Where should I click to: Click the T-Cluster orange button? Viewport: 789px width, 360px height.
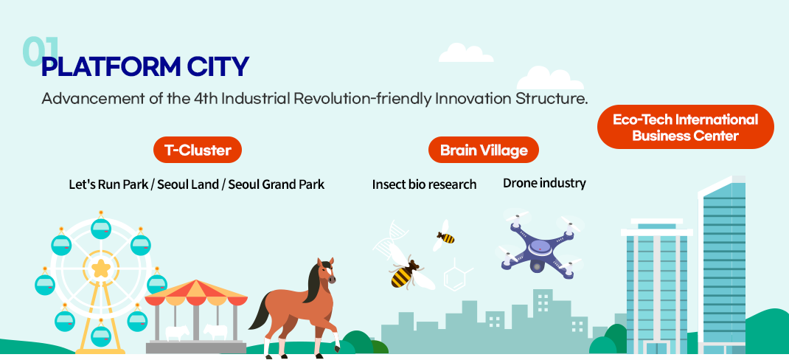pos(198,150)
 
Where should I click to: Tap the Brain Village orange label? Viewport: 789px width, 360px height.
pos(484,150)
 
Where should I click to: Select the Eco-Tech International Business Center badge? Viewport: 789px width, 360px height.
pos(685,127)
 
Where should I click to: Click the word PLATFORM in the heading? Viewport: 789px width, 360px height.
pos(110,66)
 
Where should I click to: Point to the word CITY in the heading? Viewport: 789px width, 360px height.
pos(218,66)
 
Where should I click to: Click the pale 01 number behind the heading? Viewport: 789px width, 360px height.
pos(41,52)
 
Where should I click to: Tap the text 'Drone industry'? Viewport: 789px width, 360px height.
pos(544,183)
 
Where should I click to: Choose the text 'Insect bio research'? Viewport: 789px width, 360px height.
pos(424,184)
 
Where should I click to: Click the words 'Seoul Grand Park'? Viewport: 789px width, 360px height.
pos(277,184)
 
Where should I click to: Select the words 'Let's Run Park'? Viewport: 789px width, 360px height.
pos(108,184)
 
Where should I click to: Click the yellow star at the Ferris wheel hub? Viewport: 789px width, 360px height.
pos(100,268)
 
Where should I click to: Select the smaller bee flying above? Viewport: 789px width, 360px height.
pos(445,235)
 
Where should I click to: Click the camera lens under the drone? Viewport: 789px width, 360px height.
pos(537,266)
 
